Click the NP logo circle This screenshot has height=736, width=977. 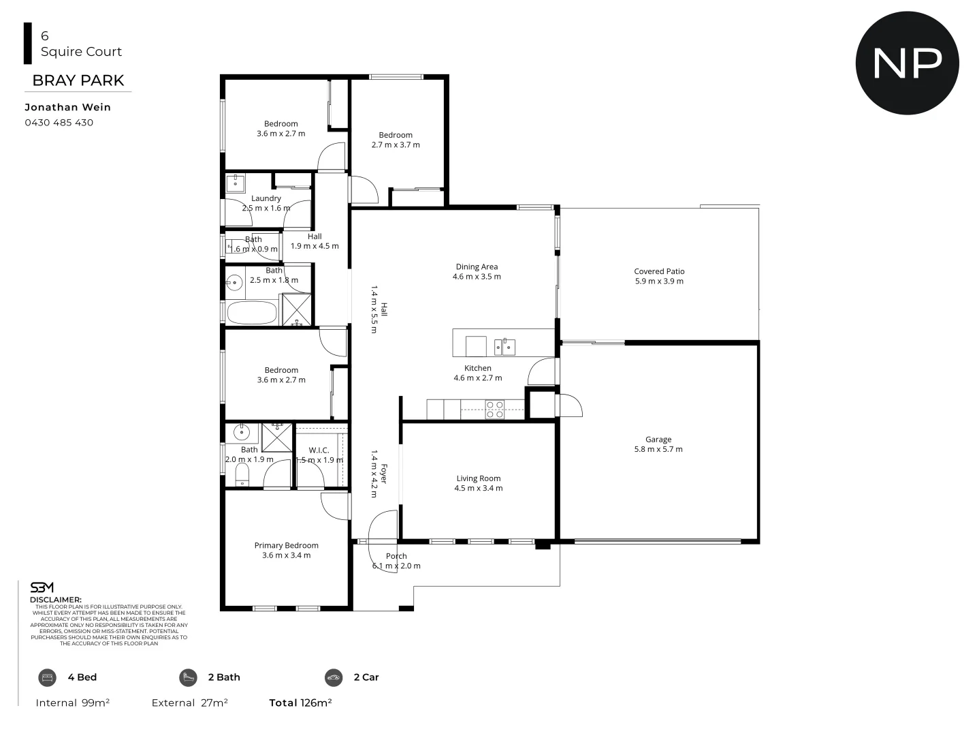coord(907,63)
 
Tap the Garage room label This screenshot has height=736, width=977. coord(658,440)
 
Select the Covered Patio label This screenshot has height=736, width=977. coord(659,271)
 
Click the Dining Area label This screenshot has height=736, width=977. coord(477,267)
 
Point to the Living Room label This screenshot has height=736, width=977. coord(479,478)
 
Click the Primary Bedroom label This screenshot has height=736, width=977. coord(286,545)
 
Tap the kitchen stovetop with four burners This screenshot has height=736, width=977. coord(494,409)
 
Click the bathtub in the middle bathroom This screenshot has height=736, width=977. coord(251,313)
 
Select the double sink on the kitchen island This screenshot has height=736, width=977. coord(504,346)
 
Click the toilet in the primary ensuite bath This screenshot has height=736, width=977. coord(242,476)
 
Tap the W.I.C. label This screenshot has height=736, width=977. coord(319,450)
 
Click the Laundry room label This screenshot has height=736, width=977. coord(266,198)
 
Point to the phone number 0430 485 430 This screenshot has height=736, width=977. coord(59,123)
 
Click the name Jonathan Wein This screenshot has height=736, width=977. coord(67,107)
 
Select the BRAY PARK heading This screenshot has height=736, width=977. coord(78,80)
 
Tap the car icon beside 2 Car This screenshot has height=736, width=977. coord(334,677)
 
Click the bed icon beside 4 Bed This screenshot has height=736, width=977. coord(47,677)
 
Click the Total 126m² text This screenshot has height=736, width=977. coord(300,703)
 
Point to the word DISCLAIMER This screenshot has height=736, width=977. coord(55,600)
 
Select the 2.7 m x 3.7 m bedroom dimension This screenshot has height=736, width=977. coord(396,144)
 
